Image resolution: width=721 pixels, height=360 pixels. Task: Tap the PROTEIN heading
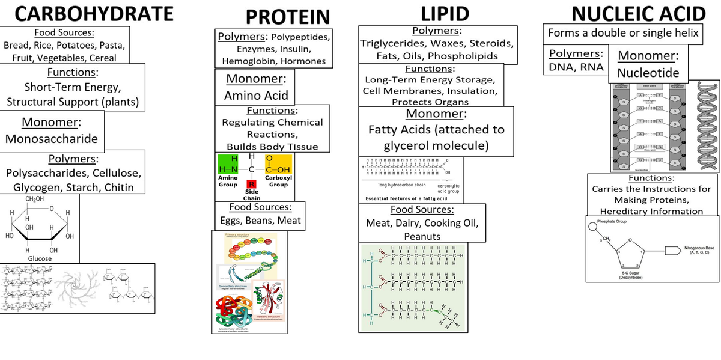click(x=288, y=16)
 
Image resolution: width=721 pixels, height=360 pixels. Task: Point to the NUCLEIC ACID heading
click(x=638, y=13)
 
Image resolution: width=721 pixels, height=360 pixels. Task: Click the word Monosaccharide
click(x=51, y=139)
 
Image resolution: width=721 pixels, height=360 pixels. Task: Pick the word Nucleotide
click(x=648, y=73)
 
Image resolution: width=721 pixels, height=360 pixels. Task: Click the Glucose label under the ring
click(x=40, y=258)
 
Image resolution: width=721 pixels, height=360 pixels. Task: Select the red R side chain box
click(x=251, y=183)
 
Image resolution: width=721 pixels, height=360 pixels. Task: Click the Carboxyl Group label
click(x=278, y=181)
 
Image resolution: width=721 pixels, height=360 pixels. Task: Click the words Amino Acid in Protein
click(x=256, y=96)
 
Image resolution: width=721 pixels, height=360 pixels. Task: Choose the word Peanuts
click(x=422, y=237)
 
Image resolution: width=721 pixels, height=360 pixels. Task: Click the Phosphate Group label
click(x=612, y=222)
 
